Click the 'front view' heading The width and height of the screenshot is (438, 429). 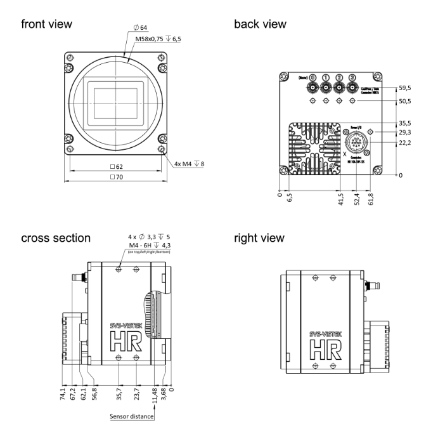(x=46, y=24)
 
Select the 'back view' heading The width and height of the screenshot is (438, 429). (x=260, y=24)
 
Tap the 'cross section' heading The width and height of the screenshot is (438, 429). (x=55, y=238)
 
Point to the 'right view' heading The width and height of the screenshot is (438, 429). (x=259, y=238)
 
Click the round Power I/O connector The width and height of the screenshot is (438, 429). (x=358, y=145)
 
